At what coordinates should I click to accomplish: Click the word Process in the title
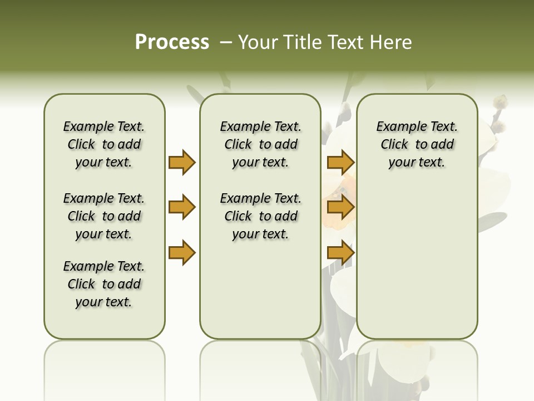pos(172,42)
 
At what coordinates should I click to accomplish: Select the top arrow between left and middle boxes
pos(182,162)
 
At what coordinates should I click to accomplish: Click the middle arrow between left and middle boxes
pos(182,207)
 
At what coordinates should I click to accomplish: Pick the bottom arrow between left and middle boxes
pos(182,253)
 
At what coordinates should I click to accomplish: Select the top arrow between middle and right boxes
pos(340,162)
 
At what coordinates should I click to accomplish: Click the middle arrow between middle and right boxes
pos(340,207)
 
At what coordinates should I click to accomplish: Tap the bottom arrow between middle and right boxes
pos(340,253)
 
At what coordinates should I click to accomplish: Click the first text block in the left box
pos(104,144)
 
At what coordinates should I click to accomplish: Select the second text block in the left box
pos(104,216)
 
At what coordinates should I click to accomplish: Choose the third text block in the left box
pos(104,284)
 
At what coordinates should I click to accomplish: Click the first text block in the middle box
pos(260,144)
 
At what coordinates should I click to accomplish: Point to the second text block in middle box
pos(260,216)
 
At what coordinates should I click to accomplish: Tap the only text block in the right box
pos(417,144)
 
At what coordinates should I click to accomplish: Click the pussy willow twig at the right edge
pos(498,114)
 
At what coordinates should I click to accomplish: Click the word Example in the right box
pos(396,127)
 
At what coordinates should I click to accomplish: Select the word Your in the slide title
pos(255,42)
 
